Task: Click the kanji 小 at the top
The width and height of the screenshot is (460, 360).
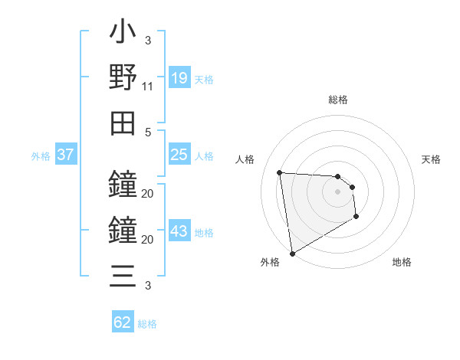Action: [x=123, y=35]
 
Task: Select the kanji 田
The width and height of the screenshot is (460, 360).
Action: [x=123, y=122]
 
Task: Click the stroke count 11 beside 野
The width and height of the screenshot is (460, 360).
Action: [x=148, y=87]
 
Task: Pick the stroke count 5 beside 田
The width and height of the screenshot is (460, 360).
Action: [x=148, y=132]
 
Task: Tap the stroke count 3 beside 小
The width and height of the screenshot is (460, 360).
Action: [x=148, y=41]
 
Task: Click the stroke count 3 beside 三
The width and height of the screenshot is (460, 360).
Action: [x=148, y=286]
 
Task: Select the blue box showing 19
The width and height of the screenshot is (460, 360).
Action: [x=179, y=78]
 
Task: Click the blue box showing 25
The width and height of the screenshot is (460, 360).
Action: [x=179, y=155]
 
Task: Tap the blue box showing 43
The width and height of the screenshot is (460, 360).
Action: [x=179, y=231]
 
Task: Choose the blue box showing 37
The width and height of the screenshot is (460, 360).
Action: [x=65, y=155]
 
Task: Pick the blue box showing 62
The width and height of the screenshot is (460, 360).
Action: [x=123, y=322]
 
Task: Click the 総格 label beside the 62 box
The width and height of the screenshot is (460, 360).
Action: [x=147, y=324]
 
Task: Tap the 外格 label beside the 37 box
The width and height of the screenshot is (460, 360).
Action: [x=41, y=156]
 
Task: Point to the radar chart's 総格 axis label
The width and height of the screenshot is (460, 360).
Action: [x=337, y=100]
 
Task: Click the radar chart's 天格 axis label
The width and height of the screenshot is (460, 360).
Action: [x=432, y=159]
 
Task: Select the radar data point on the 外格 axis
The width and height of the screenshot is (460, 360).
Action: [x=291, y=254]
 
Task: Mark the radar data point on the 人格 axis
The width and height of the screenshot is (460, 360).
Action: [x=280, y=172]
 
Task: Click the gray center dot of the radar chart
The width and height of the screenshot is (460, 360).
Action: [x=337, y=191]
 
